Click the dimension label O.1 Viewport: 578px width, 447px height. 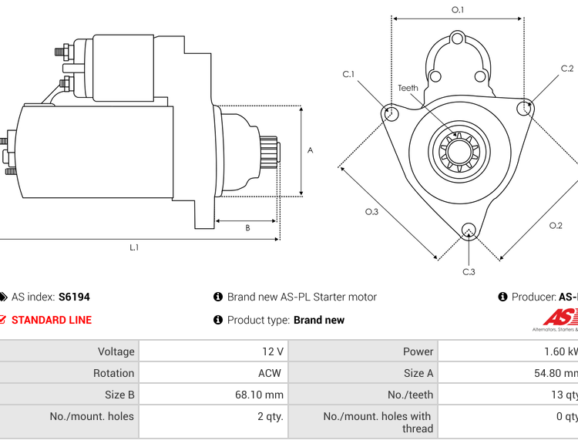point(458,10)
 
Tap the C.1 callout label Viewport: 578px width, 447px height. point(348,74)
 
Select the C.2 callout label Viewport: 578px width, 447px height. point(566,69)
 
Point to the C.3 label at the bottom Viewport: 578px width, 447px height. point(469,271)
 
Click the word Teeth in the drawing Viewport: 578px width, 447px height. point(408,88)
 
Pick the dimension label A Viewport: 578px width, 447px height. point(311,150)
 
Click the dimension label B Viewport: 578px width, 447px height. point(247,227)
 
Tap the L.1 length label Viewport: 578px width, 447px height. point(134,247)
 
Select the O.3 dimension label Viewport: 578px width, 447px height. point(371,212)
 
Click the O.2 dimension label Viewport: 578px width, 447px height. point(556,225)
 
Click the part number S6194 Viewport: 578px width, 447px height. point(74,297)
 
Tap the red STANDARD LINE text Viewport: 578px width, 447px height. point(52,320)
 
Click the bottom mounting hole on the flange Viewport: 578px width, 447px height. point(468,230)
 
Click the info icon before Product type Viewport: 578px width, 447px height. point(218,320)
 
